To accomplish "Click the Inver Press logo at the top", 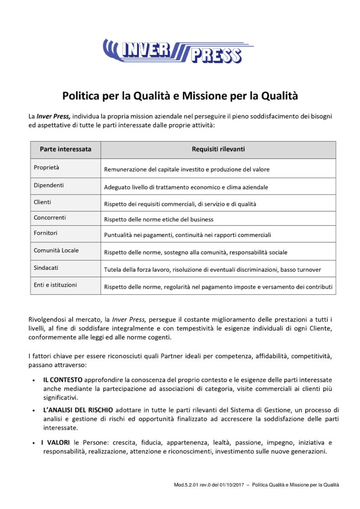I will point(178,51).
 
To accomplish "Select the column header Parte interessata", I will point(65,149).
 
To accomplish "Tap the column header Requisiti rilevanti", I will point(218,149).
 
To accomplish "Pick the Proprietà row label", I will point(46,168).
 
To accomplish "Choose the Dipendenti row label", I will point(49,185).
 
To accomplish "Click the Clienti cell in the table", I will point(42,202).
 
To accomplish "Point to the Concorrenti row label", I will point(50,218).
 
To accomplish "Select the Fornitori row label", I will point(46,233).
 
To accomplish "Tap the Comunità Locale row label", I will point(56,251).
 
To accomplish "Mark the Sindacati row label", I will point(46,267).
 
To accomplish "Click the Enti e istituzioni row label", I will point(55,285).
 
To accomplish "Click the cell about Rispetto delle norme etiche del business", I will point(159,219).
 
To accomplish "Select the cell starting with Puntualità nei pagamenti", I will point(187,235).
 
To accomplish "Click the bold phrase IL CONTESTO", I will point(63,380).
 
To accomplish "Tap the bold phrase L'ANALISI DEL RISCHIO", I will point(78,410).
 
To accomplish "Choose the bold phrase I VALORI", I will point(56,442).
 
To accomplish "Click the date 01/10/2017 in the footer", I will point(233,485).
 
